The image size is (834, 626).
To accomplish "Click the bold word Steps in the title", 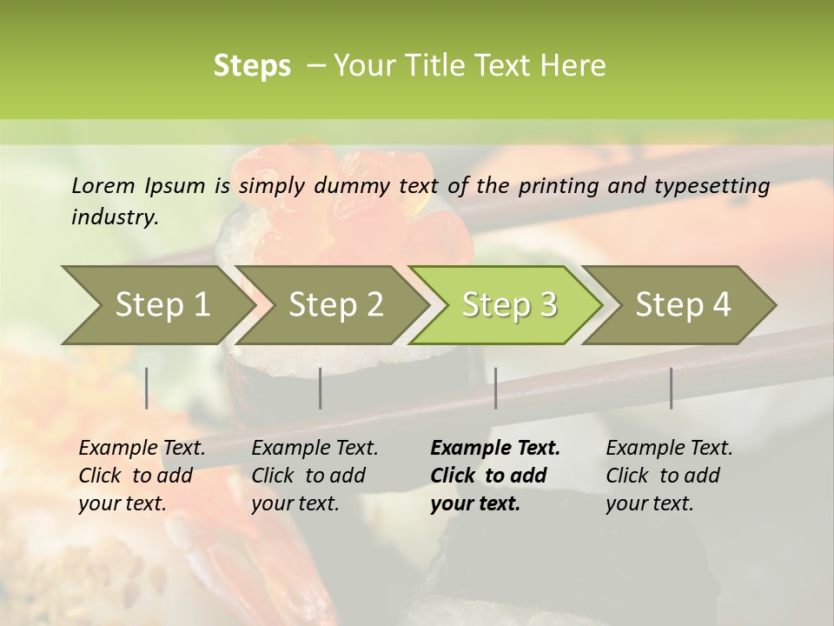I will (x=252, y=66).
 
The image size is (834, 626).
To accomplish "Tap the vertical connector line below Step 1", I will (x=147, y=388).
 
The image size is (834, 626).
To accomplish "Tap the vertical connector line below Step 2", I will (x=321, y=388).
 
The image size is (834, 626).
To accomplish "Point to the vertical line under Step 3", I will (x=496, y=388).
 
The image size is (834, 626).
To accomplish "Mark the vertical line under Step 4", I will (x=672, y=388).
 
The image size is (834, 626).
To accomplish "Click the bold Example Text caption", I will (x=495, y=476).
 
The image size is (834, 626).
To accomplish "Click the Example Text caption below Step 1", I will (x=142, y=476).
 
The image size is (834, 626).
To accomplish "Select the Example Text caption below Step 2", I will (x=314, y=476).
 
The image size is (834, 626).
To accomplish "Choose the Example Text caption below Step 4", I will (x=669, y=476).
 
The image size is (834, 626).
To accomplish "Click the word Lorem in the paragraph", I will (x=103, y=186).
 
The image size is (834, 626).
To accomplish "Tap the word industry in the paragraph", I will (x=114, y=217).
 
